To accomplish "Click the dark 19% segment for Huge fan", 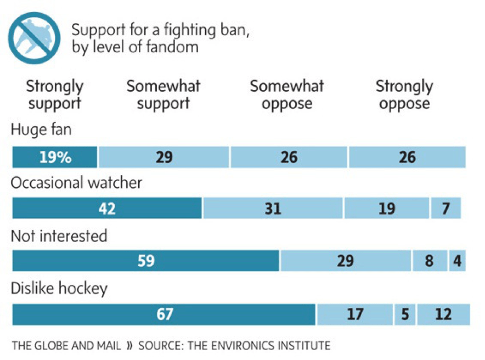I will point(55,157).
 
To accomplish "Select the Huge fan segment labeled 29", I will point(164,157).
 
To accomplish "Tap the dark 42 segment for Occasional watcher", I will point(107,209).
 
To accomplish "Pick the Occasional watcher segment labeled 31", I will point(273,209).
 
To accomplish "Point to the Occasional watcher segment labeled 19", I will point(387,209).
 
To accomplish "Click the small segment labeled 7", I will point(446,209).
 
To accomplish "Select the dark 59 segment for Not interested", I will point(145,261).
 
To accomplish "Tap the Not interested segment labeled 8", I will point(430,261).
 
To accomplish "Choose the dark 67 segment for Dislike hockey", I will point(163,314).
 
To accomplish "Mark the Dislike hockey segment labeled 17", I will point(354,314).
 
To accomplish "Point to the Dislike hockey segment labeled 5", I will point(404,314).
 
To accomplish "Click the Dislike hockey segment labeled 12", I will point(443,314).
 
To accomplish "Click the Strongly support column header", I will point(55,95).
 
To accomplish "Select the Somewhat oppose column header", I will point(287,95).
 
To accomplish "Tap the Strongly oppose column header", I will point(404,95).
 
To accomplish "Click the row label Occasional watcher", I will point(76,183).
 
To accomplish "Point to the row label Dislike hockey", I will point(59,289).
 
